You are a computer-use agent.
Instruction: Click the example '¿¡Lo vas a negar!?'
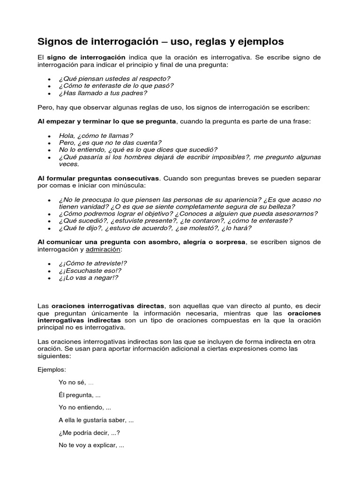point(88,278)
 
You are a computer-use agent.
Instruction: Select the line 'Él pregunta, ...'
point(79,395)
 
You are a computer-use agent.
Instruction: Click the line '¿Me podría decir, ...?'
point(89,433)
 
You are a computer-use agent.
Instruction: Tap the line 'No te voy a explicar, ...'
point(91,445)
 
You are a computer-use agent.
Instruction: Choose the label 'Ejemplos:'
point(52,370)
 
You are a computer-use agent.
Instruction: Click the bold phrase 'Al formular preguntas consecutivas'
point(98,179)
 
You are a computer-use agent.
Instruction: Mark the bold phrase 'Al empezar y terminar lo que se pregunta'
point(107,121)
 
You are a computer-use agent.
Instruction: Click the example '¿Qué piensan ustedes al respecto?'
point(114,78)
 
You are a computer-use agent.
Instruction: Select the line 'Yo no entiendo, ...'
point(85,407)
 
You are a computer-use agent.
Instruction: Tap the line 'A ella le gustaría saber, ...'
point(96,420)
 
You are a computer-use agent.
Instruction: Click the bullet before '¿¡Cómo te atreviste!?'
point(49,263)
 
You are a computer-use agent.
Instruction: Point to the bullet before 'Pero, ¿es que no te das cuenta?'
point(49,142)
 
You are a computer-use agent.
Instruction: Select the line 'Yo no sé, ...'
point(76,382)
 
